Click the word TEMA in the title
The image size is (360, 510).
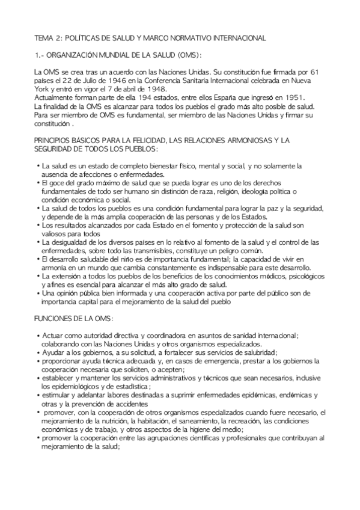(43, 37)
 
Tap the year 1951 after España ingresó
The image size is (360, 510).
(293, 97)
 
